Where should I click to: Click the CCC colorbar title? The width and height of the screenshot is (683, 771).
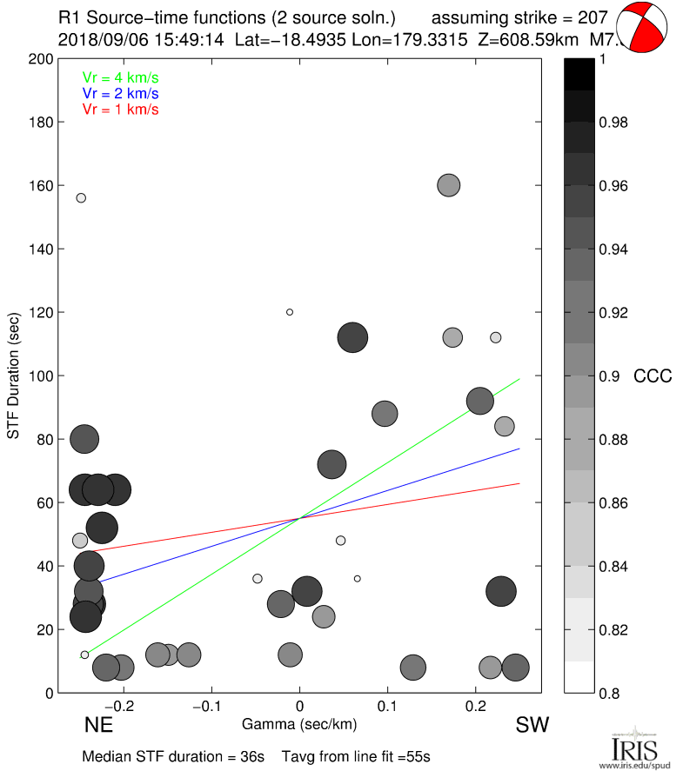click(653, 376)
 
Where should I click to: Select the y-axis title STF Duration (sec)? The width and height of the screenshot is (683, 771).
click(15, 376)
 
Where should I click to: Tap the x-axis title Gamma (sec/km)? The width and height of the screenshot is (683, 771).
click(300, 723)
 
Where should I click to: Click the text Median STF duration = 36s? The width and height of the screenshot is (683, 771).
click(173, 756)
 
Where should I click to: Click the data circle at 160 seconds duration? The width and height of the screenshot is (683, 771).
click(449, 185)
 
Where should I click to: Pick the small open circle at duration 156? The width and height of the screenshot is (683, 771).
click(81, 198)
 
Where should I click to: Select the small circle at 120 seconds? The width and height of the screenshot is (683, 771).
click(290, 312)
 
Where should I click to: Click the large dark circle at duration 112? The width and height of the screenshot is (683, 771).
click(352, 337)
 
